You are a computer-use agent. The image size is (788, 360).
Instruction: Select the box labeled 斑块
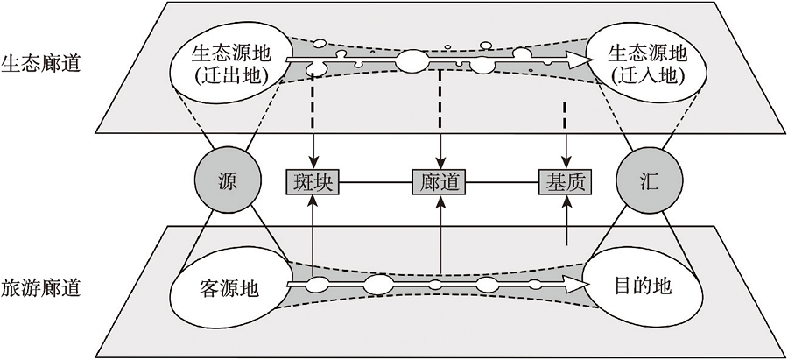click(x=313, y=182)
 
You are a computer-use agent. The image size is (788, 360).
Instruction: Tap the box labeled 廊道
click(x=439, y=182)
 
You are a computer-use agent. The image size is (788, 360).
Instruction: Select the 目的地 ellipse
click(x=644, y=286)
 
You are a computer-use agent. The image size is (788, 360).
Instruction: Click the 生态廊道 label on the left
click(x=41, y=63)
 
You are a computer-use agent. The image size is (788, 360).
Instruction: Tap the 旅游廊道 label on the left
click(x=41, y=286)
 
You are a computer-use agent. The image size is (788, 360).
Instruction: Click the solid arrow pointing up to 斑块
click(x=313, y=236)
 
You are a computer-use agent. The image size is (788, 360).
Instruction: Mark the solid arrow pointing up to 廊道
click(x=439, y=236)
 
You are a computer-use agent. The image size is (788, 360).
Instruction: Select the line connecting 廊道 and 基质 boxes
click(x=502, y=182)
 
